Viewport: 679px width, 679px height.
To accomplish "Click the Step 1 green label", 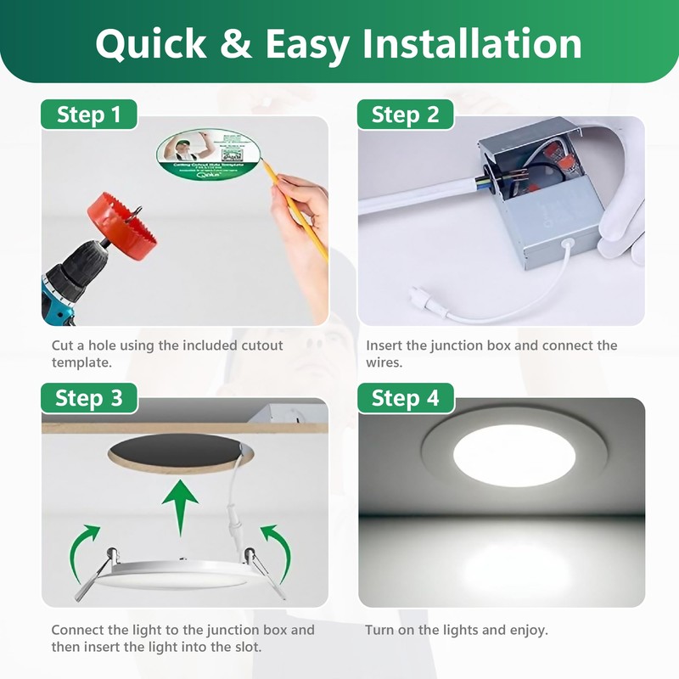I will [x=88, y=115].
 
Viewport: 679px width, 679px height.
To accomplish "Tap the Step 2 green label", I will [x=405, y=115].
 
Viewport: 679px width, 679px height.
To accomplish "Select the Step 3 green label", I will [x=88, y=397].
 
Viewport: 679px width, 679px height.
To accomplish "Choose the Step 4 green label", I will [x=405, y=397].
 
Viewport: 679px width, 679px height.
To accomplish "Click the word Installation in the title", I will [x=473, y=43].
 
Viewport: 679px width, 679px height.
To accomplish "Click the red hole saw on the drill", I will [x=121, y=220].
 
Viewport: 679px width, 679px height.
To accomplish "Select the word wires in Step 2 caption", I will [x=384, y=362].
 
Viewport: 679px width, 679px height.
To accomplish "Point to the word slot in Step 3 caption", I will [x=245, y=648].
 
